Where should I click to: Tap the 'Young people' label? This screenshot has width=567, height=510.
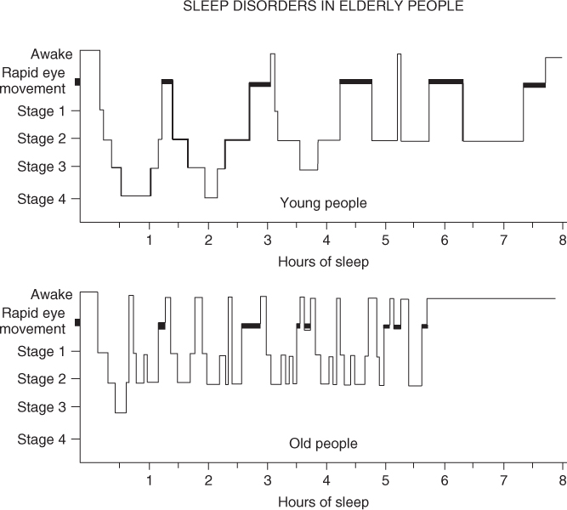(323, 202)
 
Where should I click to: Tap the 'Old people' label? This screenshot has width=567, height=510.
(323, 443)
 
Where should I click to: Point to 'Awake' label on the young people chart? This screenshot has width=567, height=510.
(50, 55)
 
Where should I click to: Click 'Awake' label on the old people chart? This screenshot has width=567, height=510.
(50, 295)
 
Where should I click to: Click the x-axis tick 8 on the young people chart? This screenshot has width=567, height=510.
(563, 240)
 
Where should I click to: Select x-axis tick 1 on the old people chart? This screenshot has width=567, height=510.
(149, 480)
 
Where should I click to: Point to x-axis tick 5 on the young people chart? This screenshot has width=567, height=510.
(385, 240)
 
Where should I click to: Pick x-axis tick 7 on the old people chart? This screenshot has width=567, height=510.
(503, 480)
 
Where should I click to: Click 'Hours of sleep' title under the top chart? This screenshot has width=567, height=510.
(323, 261)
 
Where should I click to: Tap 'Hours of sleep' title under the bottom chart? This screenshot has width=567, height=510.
(323, 501)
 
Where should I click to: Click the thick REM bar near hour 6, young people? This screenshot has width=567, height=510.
(445, 82)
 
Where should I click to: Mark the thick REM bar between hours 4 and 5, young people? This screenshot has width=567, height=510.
(355, 82)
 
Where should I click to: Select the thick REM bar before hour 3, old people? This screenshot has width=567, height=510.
(251, 326)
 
